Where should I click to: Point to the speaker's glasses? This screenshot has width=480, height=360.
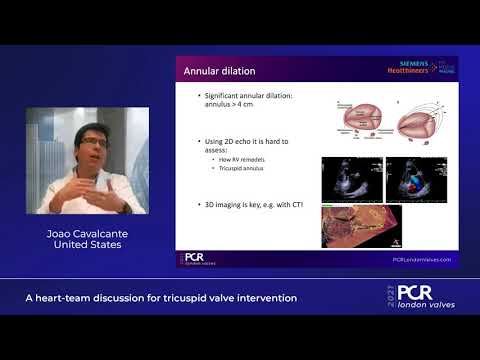point(95,142)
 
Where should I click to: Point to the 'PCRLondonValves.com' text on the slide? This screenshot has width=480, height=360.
point(421,259)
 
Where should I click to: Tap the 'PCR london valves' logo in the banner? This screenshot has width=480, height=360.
point(420,297)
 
